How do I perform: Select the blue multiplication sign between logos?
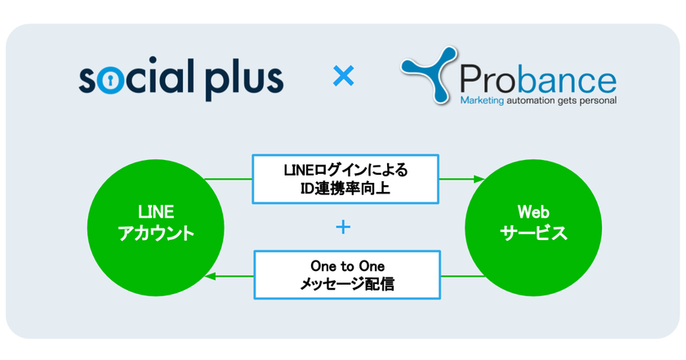(x=344, y=78)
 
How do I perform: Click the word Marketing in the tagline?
(x=483, y=102)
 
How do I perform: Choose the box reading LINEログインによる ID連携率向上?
(x=345, y=179)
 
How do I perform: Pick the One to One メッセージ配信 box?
(x=345, y=275)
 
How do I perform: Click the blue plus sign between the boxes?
(x=344, y=227)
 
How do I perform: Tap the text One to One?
(x=345, y=265)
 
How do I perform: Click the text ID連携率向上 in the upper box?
(x=345, y=189)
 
